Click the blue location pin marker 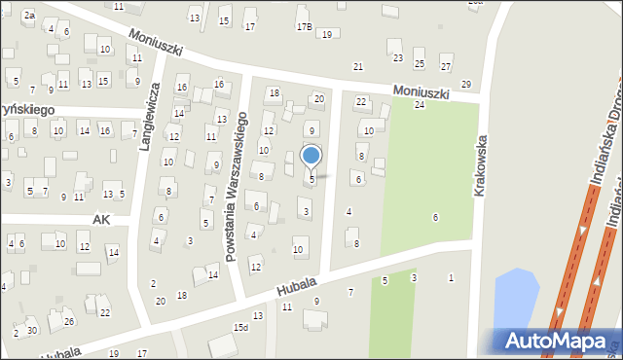point(311,156)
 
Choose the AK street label point(101,221)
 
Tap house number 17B point(304,26)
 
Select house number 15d point(240,328)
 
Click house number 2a point(29,16)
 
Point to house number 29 point(466,85)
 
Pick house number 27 point(446,66)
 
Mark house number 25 point(420,64)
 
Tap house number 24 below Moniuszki point(420,104)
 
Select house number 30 point(33,331)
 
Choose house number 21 point(358,66)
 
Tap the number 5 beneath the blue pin point(311,180)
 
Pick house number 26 point(68,321)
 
